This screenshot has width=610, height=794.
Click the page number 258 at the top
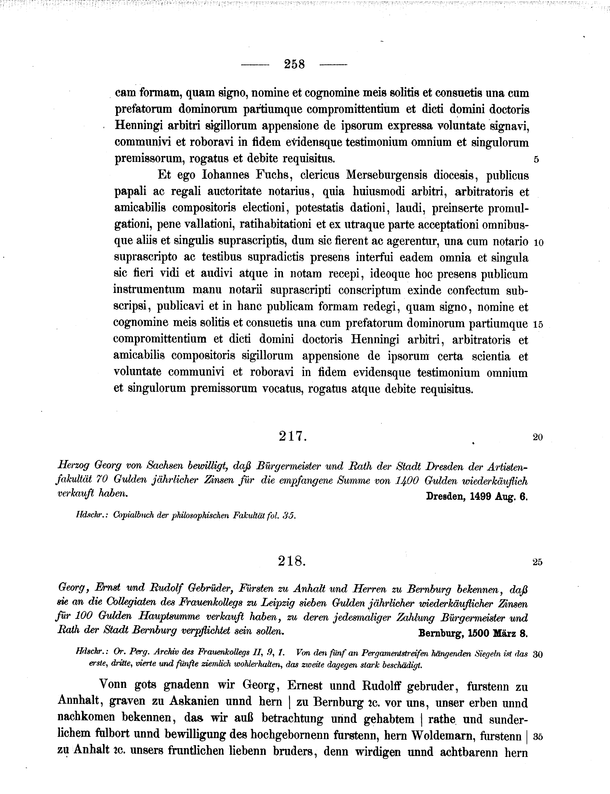pyautogui.click(x=294, y=65)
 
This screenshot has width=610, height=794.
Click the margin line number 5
pyautogui.click(x=536, y=160)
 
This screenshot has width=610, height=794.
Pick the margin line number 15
pyautogui.click(x=538, y=325)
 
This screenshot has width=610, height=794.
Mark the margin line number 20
pyautogui.click(x=538, y=437)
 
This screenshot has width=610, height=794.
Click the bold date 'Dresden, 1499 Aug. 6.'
pyautogui.click(x=477, y=496)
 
